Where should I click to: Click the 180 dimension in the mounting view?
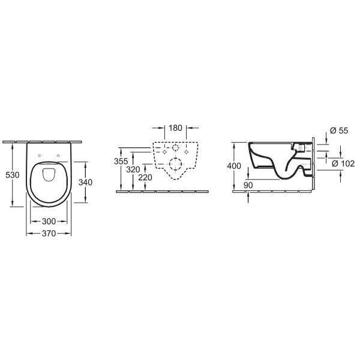pos(175,128)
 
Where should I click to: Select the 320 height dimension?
pos(134,169)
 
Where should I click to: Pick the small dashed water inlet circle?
pos(176,148)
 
